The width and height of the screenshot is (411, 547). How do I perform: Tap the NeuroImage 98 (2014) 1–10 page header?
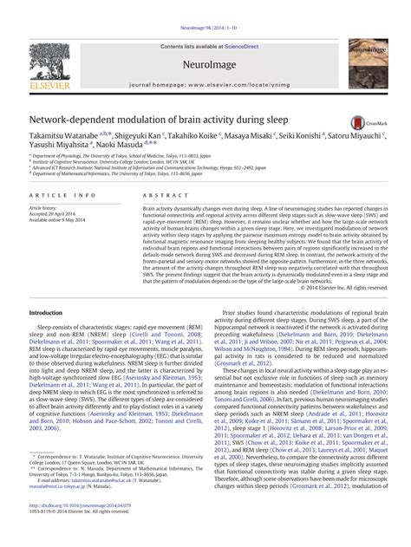pyautogui.click(x=205, y=5)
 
